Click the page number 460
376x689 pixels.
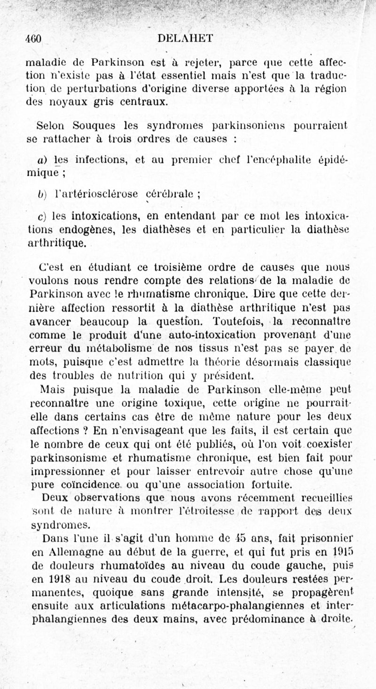(x=34, y=39)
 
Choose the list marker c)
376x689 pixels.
(x=41, y=217)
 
